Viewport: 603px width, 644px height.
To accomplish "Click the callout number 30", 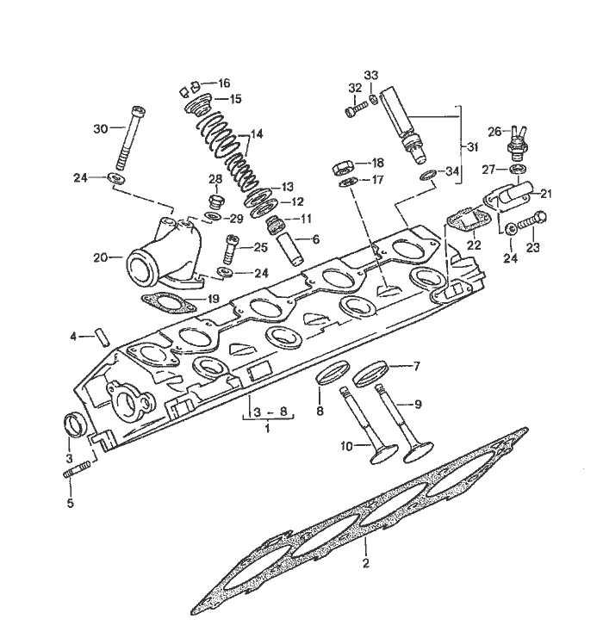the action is click(100, 129).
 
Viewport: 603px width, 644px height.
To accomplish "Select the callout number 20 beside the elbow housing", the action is click(100, 257).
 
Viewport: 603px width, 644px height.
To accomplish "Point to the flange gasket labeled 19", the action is click(168, 303).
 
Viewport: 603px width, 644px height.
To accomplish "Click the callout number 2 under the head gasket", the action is click(365, 563).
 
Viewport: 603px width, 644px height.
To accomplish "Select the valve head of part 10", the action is click(383, 455).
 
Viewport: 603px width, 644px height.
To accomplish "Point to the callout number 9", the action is click(418, 405).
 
